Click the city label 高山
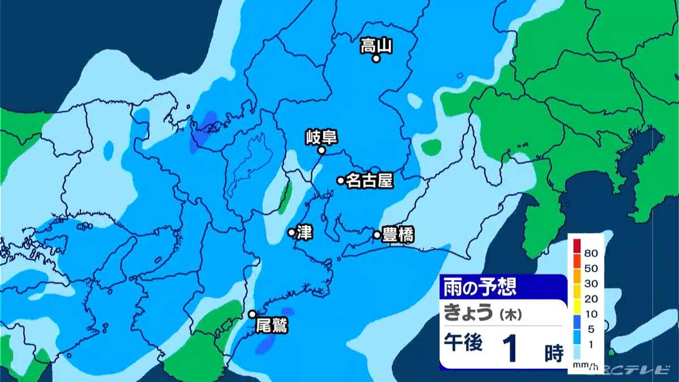[376, 45]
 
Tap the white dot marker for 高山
[376, 58]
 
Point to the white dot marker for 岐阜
[321, 150]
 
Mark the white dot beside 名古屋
[341, 181]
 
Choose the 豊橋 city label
[398, 234]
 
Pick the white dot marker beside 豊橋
[377, 234]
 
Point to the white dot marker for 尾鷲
[252, 314]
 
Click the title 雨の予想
[480, 287]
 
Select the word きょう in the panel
[469, 313]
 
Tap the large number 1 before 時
[512, 349]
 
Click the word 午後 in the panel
[463, 344]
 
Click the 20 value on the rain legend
[592, 298]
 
